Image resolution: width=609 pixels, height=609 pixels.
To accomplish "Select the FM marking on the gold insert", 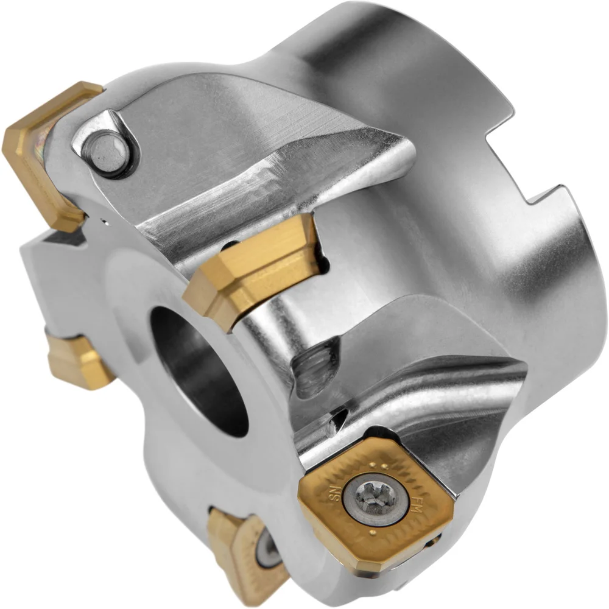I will pos(416,505).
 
